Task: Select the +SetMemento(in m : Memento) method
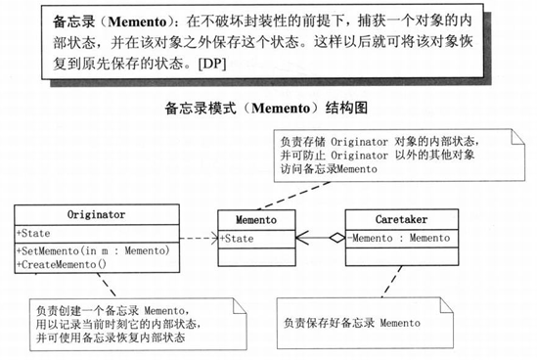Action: [x=94, y=251]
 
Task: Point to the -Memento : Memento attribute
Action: [x=391, y=238]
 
